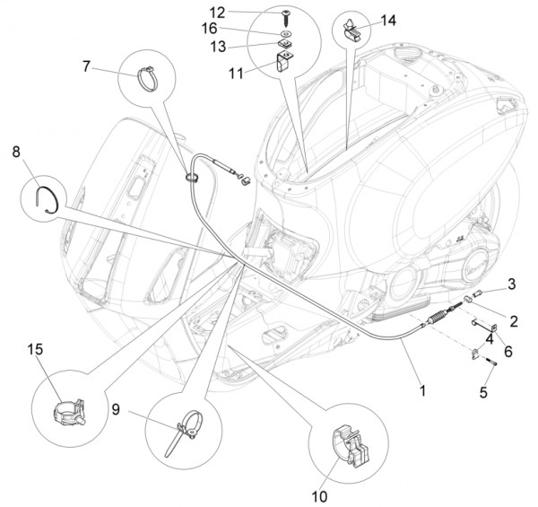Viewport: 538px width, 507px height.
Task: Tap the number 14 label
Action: pos(387,19)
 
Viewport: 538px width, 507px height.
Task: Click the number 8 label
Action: pos(17,153)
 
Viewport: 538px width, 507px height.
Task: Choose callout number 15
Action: pos(34,349)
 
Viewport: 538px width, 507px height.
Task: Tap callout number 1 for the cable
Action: pos(422,391)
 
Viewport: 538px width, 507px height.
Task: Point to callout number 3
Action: pos(511,284)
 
